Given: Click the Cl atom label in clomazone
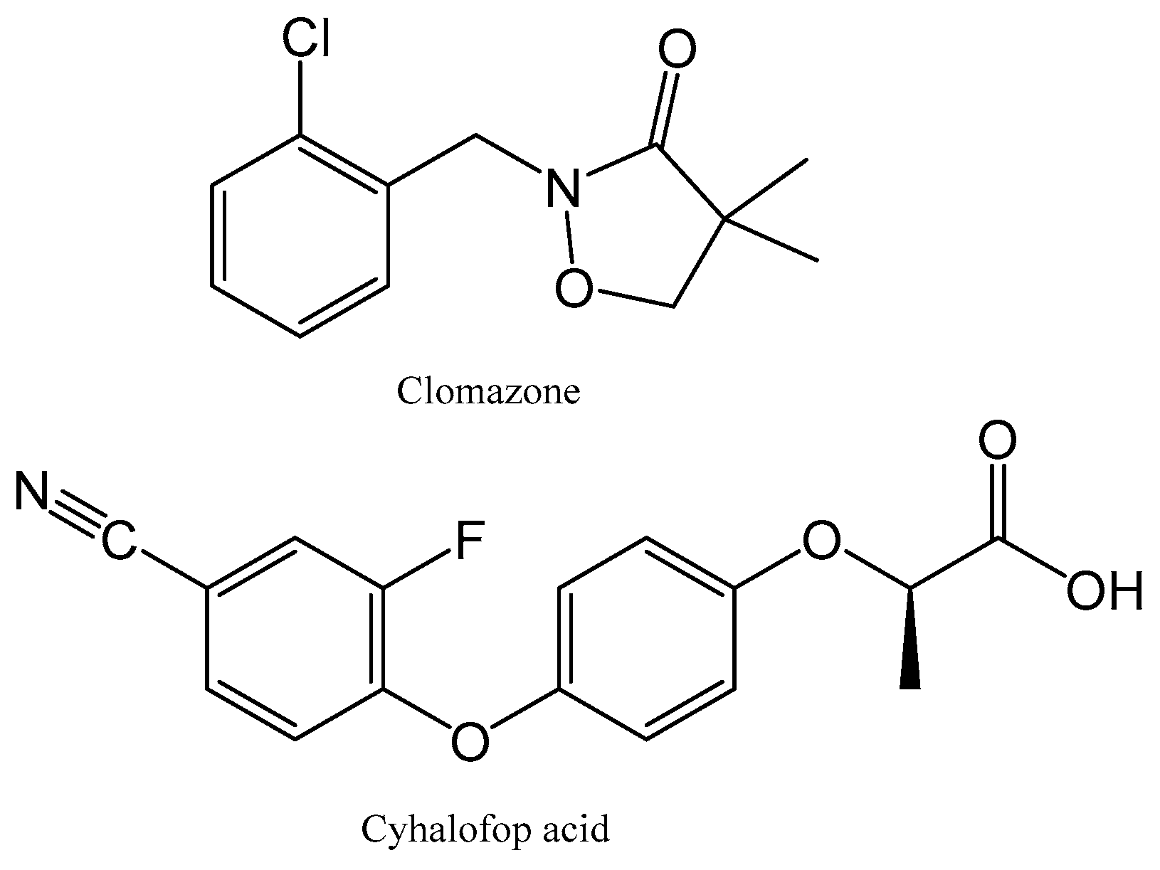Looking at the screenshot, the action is click(x=306, y=38).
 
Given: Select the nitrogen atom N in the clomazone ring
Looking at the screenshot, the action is click(x=562, y=189).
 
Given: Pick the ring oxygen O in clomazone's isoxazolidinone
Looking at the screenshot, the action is click(x=573, y=288).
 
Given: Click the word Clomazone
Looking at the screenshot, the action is click(x=488, y=391).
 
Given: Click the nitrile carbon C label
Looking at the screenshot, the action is click(x=117, y=543).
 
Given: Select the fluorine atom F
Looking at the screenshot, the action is click(x=470, y=541).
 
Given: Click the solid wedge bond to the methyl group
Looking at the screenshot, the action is click(x=909, y=640).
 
